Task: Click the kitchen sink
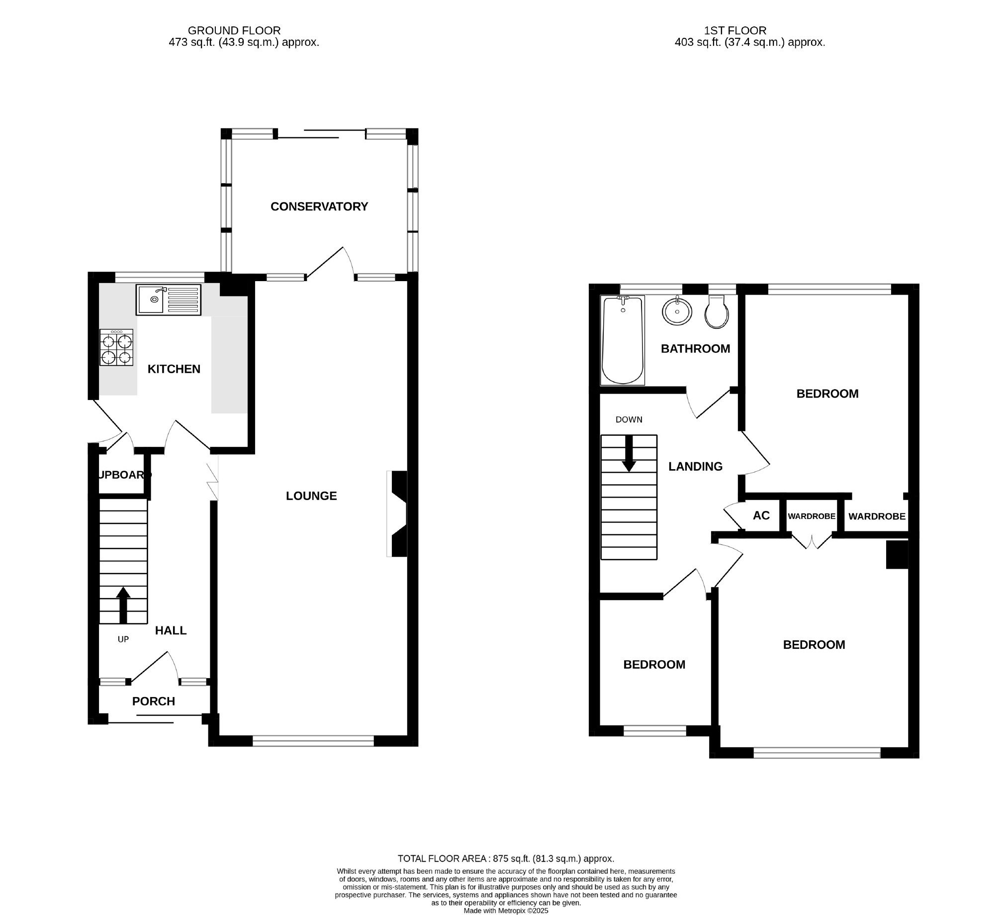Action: click(169, 300)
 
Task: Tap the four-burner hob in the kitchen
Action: click(116, 348)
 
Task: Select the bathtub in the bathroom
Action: click(623, 340)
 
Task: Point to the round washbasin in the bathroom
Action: click(677, 311)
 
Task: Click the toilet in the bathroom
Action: click(717, 311)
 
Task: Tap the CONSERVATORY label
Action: click(319, 206)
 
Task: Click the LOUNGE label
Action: click(311, 496)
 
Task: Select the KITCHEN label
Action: click(174, 369)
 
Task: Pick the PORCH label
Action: click(153, 701)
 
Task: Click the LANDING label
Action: click(695, 466)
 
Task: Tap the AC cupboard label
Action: click(761, 515)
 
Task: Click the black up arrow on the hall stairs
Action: click(123, 605)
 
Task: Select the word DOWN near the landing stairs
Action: click(629, 419)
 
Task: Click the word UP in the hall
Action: click(123, 639)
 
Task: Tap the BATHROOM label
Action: click(695, 348)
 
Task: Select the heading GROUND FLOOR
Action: click(234, 30)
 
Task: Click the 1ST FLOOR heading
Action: click(735, 30)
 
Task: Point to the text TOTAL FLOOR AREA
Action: click(442, 859)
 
